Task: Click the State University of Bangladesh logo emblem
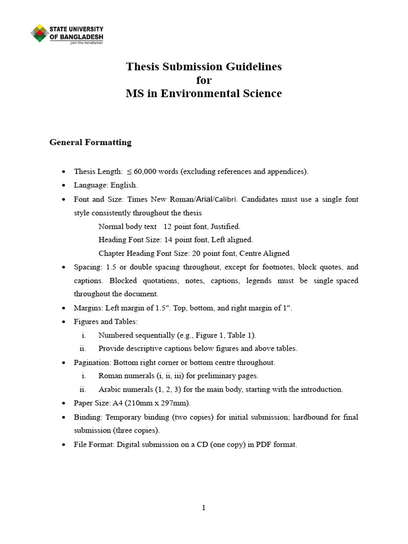tap(39, 33)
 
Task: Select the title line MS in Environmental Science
tap(203, 94)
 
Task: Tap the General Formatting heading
tap(90, 142)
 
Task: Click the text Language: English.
tap(106, 185)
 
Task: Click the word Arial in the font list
tap(205, 199)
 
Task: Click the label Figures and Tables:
tap(106, 321)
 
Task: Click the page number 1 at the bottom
tap(203, 508)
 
